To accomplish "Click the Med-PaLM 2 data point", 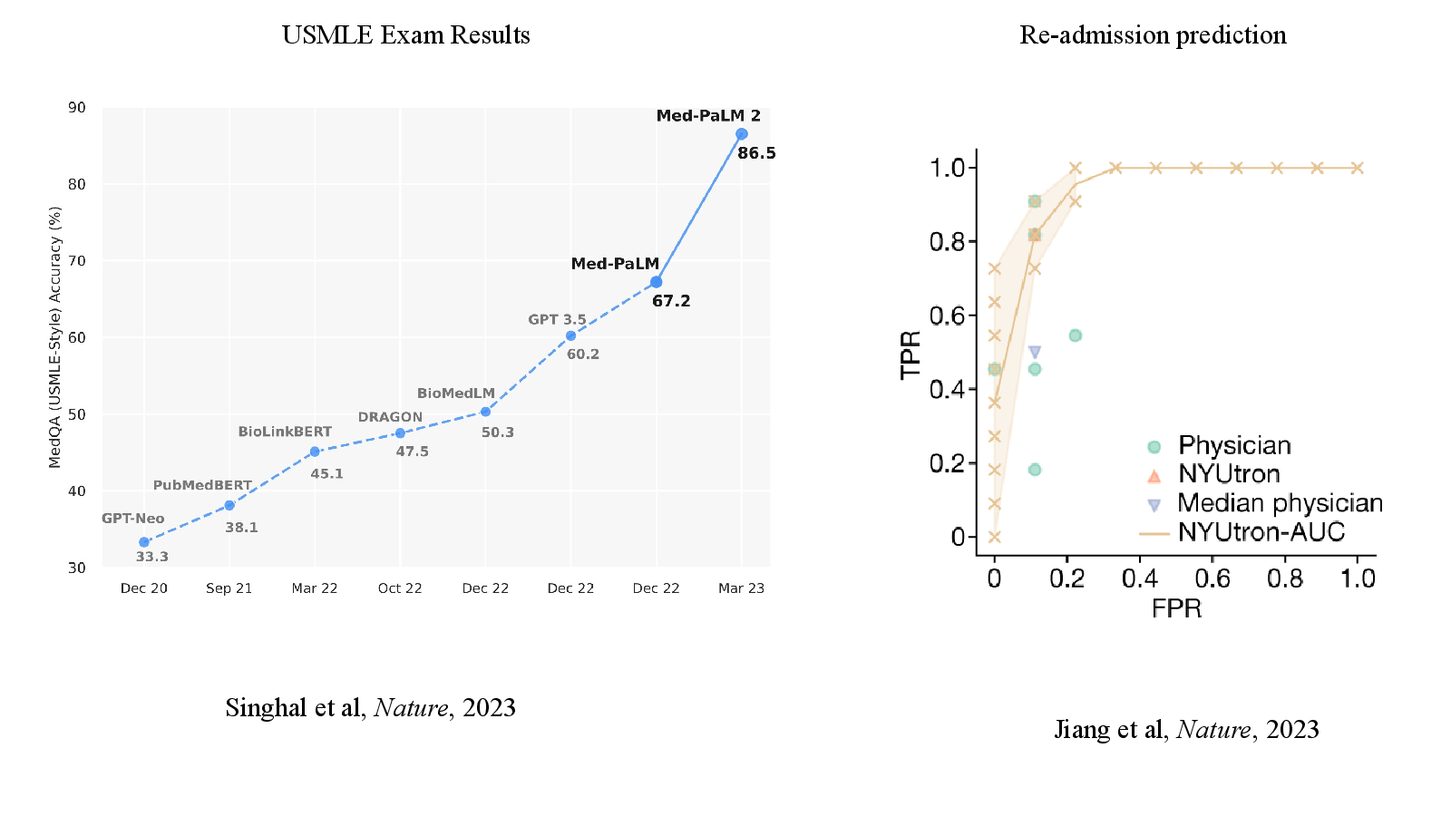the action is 742,134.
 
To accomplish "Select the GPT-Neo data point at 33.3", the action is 144,542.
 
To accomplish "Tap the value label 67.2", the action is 671,301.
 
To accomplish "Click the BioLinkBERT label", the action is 285,432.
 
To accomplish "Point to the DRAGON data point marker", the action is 400,433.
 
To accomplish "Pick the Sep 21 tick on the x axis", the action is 229,588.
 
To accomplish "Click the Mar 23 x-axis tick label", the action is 741,588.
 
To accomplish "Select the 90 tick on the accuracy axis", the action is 77,108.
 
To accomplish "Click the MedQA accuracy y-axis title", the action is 54,337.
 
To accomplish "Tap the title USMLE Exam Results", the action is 406,35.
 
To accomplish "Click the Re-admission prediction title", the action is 1153,35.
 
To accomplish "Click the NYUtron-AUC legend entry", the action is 1242,532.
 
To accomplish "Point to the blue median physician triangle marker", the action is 1035,353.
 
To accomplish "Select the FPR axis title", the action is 1176,608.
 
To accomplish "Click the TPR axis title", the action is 911,355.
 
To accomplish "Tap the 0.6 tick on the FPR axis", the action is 1212,578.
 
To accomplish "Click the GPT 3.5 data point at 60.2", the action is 570,336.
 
